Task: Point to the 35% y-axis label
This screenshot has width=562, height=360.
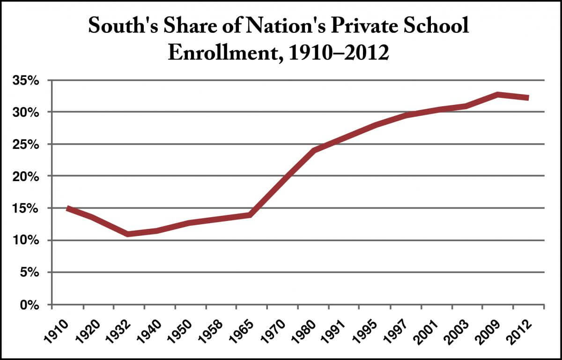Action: click(x=30, y=81)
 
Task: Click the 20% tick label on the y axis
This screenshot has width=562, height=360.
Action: click(x=30, y=176)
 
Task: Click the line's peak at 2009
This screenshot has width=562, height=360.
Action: click(x=498, y=94)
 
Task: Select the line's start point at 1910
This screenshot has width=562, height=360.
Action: click(x=68, y=208)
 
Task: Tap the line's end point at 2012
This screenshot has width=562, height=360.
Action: click(x=528, y=98)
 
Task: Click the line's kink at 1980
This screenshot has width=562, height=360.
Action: click(x=313, y=151)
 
